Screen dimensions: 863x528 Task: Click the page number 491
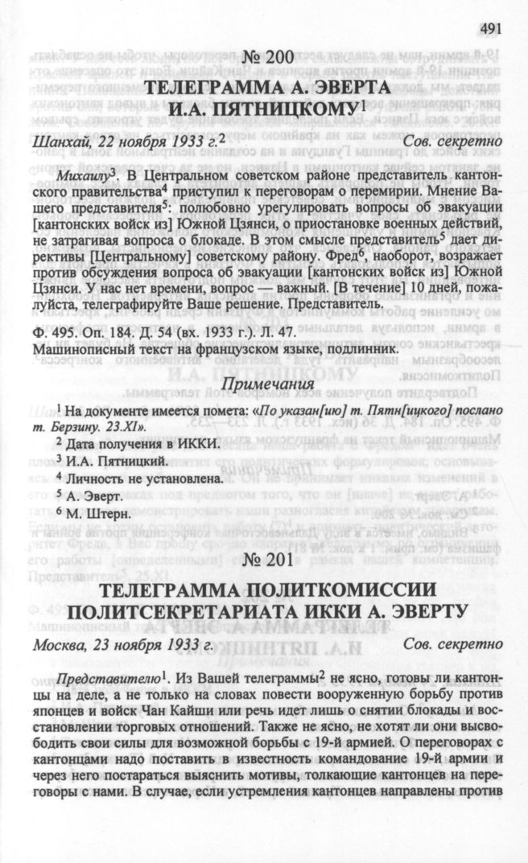[491, 29]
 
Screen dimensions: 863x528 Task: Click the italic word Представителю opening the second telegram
[97, 676]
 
